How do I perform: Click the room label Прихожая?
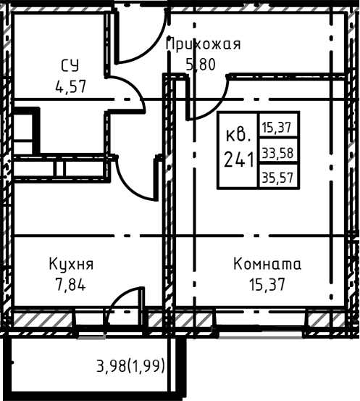tap(204, 44)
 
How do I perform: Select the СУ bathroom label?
tap(70, 66)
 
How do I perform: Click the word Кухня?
tap(71, 265)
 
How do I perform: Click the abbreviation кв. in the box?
tap(238, 135)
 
